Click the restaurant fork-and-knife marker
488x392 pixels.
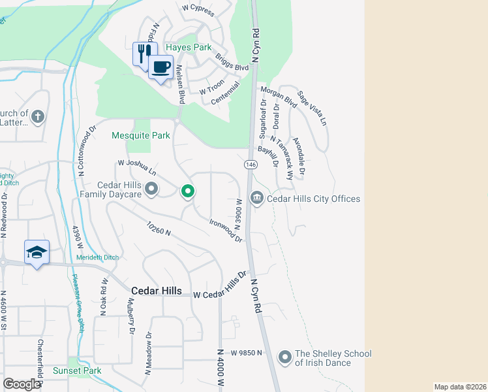145,53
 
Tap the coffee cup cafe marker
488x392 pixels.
160,66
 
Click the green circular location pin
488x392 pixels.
188,191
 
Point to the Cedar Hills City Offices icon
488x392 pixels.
257,198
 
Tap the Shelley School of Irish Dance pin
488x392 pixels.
284,357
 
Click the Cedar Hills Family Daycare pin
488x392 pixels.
152,189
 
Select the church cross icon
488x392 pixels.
38,117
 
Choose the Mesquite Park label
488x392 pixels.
141,136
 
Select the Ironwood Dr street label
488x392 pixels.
226,231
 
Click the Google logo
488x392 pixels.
21,384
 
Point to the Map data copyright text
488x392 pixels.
460,387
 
